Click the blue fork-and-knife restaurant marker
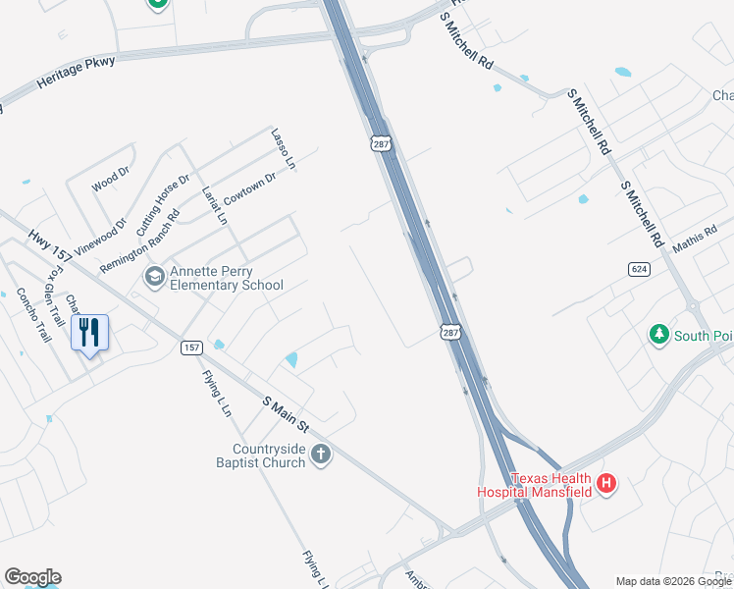click(89, 333)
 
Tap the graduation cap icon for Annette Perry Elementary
click(154, 278)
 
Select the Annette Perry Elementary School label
click(226, 279)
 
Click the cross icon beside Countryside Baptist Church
click(321, 455)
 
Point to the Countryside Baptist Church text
click(262, 455)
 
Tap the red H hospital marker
click(607, 483)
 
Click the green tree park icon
click(659, 336)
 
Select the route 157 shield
click(190, 348)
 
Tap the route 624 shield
click(639, 268)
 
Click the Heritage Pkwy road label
click(77, 74)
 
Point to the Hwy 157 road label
click(46, 245)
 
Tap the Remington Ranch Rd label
click(139, 241)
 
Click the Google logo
click(32, 577)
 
